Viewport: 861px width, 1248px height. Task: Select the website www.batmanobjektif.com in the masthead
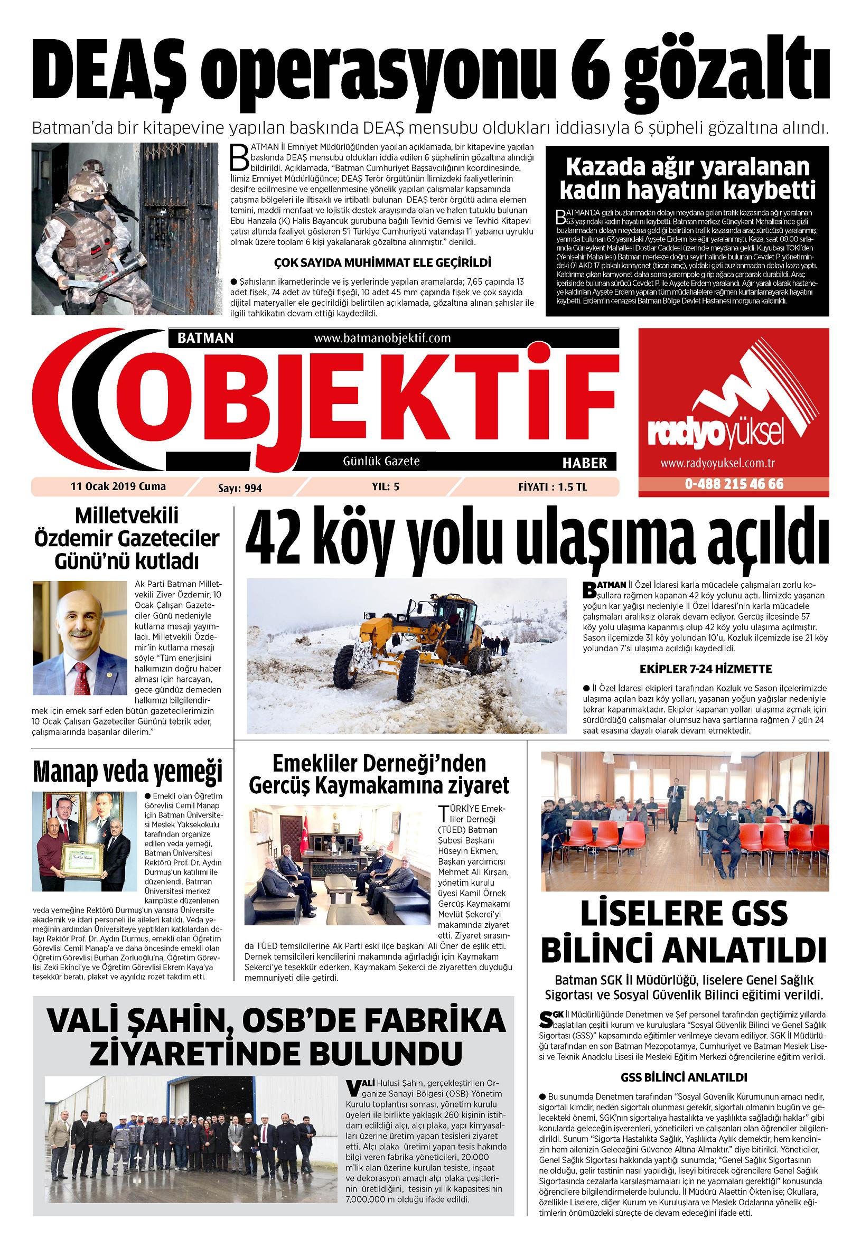pos(382,338)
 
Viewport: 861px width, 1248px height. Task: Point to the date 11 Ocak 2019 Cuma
pos(118,486)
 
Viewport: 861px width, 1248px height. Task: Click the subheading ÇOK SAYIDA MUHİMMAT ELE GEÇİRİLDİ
pos(383,263)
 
